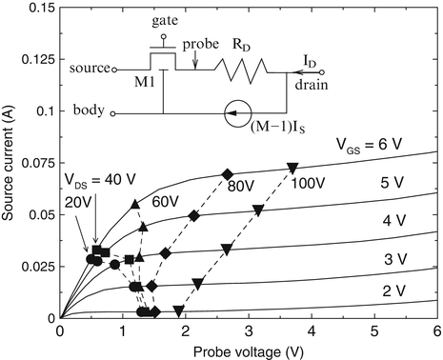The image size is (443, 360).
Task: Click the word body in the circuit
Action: coord(89,111)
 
